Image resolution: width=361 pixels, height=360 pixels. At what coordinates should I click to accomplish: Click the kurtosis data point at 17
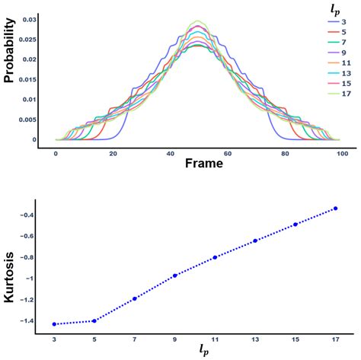click(x=334, y=209)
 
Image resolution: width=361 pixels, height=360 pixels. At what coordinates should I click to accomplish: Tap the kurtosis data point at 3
click(x=54, y=324)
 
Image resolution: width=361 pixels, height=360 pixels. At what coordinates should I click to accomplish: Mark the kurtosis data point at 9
click(x=174, y=276)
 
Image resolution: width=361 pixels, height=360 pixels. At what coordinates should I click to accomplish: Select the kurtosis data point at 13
click(x=254, y=241)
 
